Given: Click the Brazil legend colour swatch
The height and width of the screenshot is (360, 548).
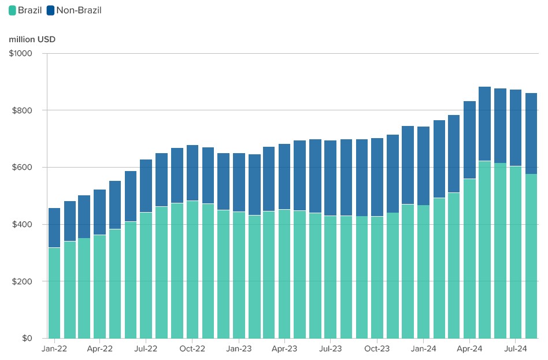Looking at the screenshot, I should click(x=12, y=10).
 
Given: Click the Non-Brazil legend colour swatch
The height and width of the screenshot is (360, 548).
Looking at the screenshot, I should click(x=50, y=10).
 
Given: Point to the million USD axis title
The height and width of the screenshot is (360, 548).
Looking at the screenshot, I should click(x=32, y=39).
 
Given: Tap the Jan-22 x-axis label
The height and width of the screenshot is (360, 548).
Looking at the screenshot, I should click(x=54, y=349).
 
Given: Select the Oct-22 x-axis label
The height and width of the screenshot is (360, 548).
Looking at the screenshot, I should click(x=192, y=349).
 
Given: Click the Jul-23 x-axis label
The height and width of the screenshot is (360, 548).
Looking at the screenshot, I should click(x=330, y=349).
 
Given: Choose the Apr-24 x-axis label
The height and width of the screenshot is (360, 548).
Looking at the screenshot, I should click(x=469, y=349).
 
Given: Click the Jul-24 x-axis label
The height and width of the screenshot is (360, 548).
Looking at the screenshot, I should click(x=516, y=349).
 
